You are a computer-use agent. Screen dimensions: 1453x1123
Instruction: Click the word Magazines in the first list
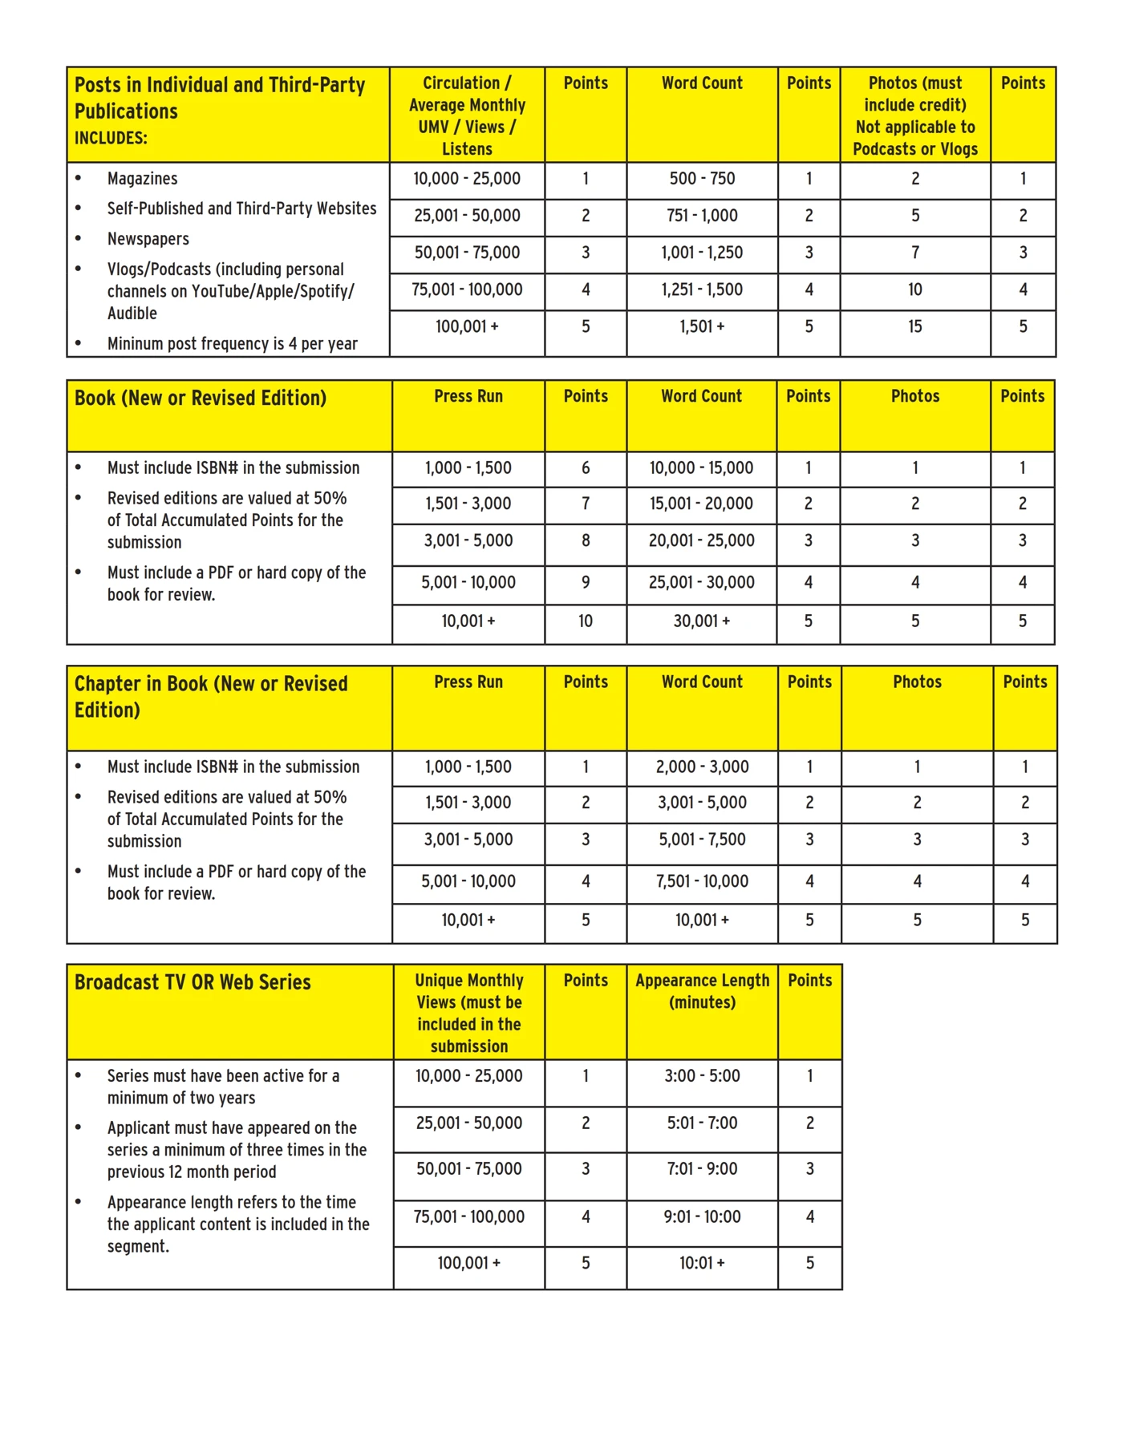pos(142,179)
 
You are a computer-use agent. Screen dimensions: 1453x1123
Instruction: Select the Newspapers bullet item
pos(148,239)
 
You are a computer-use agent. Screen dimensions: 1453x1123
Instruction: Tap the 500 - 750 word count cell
pos(702,179)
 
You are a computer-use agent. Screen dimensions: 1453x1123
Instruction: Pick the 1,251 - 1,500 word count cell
pos(702,289)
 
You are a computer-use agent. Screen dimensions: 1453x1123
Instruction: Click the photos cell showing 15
pos(914,326)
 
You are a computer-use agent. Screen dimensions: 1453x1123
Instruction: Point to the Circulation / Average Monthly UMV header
pos(467,115)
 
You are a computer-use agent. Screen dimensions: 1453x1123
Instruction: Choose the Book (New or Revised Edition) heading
pos(201,399)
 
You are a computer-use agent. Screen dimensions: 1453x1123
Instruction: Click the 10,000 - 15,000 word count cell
pos(701,468)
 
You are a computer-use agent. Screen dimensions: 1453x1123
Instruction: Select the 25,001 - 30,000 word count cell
pos(701,583)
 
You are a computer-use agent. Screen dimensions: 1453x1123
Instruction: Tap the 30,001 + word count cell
pos(701,621)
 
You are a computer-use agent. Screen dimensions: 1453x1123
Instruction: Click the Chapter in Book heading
pos(211,697)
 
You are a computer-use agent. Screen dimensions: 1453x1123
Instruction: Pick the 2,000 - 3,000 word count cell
pos(702,767)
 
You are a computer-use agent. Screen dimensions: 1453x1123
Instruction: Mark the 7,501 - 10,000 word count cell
pos(702,882)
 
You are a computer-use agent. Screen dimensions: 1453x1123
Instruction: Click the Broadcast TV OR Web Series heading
pos(193,982)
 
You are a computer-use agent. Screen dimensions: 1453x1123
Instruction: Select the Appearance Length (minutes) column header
pos(702,991)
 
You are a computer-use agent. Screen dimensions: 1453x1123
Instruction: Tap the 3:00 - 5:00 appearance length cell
pos(702,1076)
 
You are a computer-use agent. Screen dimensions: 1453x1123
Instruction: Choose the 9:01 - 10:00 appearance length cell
pos(702,1217)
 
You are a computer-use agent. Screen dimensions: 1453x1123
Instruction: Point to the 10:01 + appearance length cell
pos(702,1264)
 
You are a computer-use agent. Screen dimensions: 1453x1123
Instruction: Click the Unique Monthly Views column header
pos(468,1013)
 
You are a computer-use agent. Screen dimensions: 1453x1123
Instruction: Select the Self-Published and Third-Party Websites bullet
pos(241,208)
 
